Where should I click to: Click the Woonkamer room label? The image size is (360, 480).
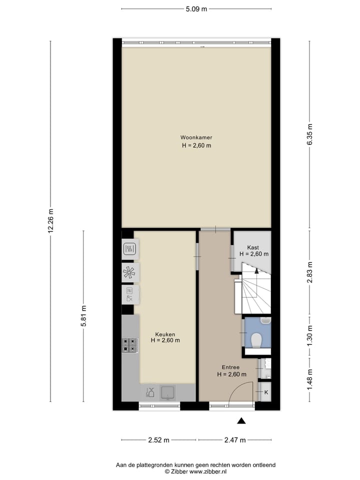pos(196,137)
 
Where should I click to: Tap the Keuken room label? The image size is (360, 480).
pos(165,334)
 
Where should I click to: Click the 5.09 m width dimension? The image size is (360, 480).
pos(196,9)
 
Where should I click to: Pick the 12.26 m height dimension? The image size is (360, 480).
pos(51,221)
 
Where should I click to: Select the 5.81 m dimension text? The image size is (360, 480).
pos(83,316)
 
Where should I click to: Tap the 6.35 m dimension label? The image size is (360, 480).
pos(309,134)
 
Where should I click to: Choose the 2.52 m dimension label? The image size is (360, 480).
pos(158,440)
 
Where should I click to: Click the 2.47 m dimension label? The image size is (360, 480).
pos(235,440)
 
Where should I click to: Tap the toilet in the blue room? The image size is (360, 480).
pos(256,340)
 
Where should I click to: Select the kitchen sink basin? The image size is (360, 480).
pos(167,392)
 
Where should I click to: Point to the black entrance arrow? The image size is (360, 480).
pos(241,421)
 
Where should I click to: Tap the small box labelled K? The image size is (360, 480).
pos(265,392)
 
